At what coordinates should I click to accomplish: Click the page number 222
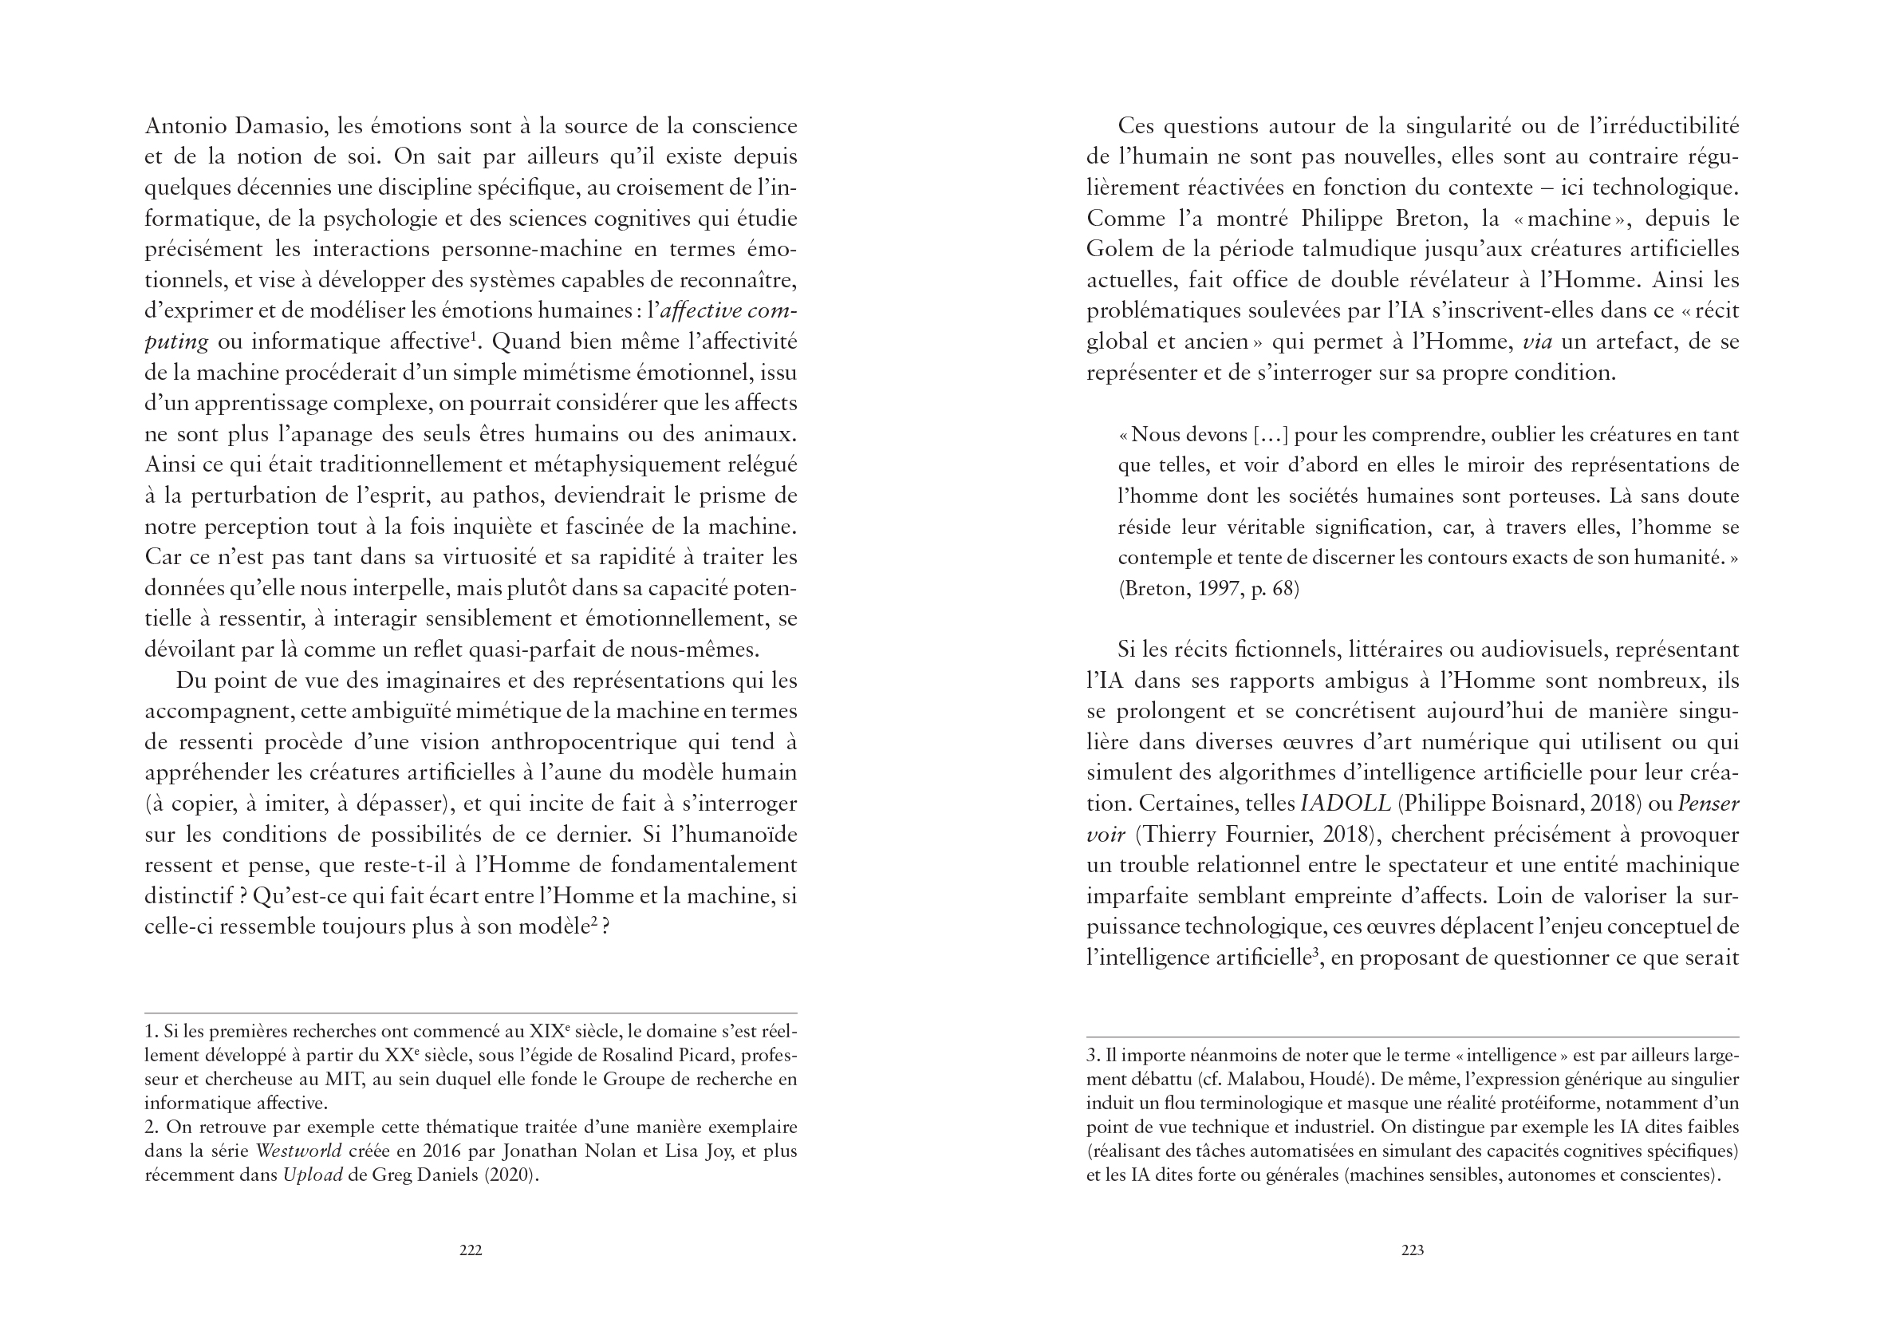point(470,1250)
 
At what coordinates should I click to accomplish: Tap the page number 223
point(1412,1250)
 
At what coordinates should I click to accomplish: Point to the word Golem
point(1117,250)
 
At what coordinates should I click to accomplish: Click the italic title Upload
point(313,1175)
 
